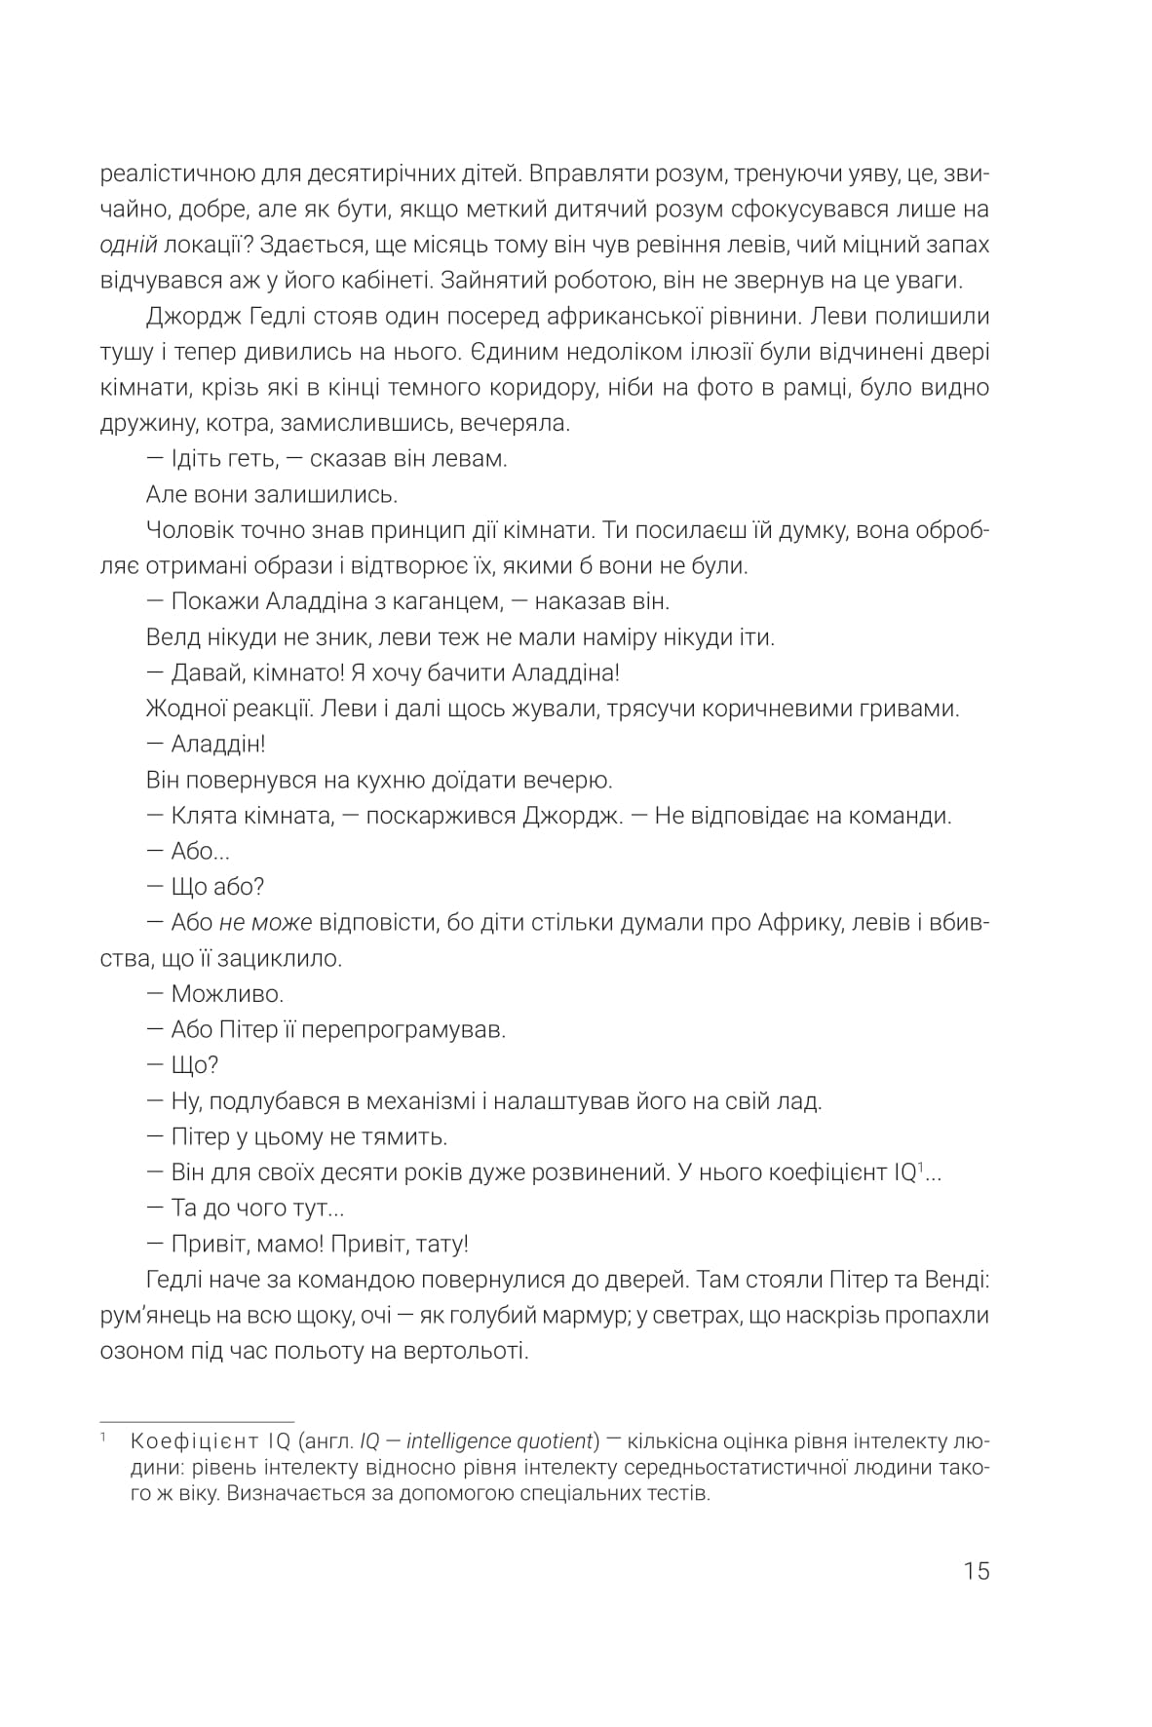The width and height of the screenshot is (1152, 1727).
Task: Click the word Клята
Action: [201, 815]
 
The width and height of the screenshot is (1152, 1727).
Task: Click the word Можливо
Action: [227, 994]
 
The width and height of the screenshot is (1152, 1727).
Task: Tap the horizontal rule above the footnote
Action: [197, 1422]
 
